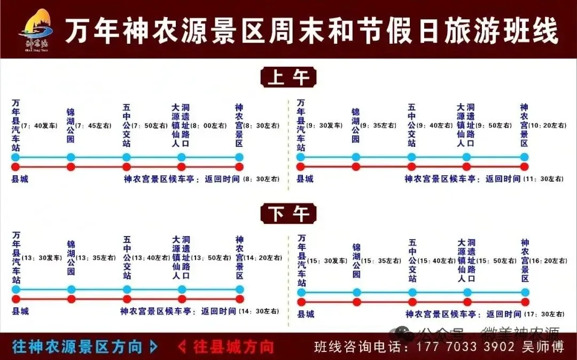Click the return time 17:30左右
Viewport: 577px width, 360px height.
coord(543,314)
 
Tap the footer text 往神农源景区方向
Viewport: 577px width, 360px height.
coord(77,347)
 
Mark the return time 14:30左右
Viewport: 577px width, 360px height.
coord(259,311)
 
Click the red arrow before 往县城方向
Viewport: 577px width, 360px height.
coord(182,347)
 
